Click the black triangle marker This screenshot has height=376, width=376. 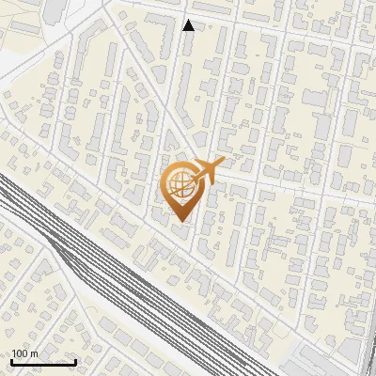(189, 25)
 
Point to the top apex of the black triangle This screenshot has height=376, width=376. (189, 20)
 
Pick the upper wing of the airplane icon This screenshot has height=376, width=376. (204, 162)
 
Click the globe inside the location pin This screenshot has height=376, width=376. (179, 186)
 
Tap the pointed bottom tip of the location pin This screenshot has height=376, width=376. (179, 223)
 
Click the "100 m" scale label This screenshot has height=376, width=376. (24, 353)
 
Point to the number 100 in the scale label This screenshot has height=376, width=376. (20, 353)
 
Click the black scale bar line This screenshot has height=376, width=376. (43, 362)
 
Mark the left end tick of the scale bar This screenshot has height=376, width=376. (11, 360)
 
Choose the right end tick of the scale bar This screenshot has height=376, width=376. (75, 360)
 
